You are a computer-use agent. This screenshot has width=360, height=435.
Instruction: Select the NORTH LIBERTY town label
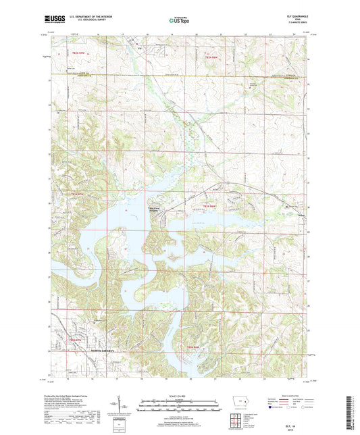coord(95,351)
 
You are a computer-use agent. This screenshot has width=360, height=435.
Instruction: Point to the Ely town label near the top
coord(140,48)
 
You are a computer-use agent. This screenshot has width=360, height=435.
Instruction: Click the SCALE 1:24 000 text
coord(179,396)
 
